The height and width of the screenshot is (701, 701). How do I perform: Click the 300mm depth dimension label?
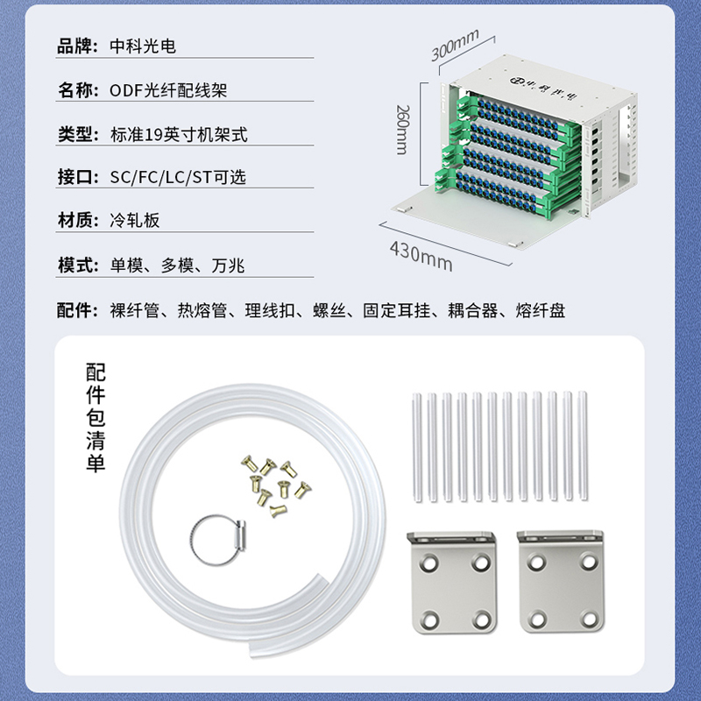click(455, 45)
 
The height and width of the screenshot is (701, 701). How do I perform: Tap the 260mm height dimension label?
click(403, 130)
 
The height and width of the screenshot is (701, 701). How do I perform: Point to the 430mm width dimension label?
click(421, 256)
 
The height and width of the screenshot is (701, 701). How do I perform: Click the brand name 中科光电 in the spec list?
click(143, 46)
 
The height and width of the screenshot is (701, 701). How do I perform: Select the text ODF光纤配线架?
click(168, 90)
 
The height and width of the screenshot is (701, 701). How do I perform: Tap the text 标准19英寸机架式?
click(179, 135)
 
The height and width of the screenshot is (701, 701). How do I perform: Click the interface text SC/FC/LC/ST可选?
click(178, 177)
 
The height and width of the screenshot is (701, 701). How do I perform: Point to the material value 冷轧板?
click(135, 221)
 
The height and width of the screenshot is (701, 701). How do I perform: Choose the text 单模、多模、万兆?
click(178, 266)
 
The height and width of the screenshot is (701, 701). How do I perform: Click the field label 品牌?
click(77, 46)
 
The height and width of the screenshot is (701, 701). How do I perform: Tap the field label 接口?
click(78, 177)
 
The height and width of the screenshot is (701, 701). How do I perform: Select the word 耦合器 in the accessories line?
click(472, 310)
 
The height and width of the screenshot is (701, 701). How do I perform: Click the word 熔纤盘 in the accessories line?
click(541, 310)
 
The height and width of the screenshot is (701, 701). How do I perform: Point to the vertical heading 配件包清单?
click(96, 417)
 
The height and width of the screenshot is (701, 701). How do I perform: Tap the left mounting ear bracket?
click(453, 582)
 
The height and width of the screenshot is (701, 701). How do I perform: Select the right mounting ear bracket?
click(561, 581)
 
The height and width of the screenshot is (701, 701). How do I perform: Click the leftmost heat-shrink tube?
click(417, 447)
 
